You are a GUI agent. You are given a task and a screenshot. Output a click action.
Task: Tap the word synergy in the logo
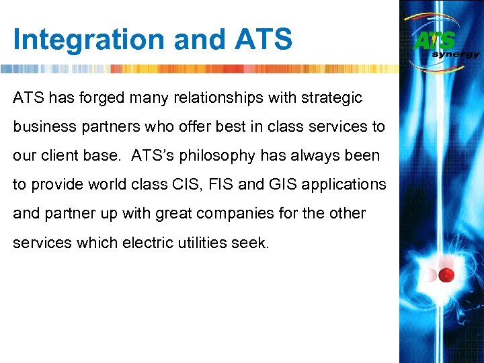[455, 54]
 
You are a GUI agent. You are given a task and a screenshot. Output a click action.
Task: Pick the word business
[42, 127]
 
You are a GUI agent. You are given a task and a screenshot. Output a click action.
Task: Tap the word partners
[106, 127]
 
